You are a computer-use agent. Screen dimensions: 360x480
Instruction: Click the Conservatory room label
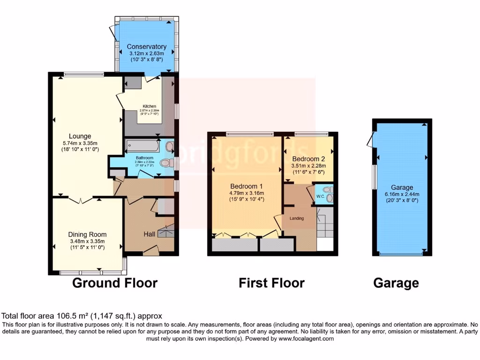[x=147, y=47]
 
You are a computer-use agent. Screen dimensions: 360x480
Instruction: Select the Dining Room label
[x=87, y=234]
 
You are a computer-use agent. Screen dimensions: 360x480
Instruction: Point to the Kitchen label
[x=150, y=106]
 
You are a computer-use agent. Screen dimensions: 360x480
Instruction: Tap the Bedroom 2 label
[x=307, y=158]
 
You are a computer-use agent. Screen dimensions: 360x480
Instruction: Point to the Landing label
[x=297, y=218]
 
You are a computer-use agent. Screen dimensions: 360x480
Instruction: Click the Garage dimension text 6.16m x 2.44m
[x=403, y=195]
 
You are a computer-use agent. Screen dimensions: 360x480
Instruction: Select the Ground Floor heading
[x=114, y=283]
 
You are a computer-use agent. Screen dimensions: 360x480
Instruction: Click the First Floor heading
[x=271, y=283]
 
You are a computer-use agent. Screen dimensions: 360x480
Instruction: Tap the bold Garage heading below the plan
[x=396, y=283]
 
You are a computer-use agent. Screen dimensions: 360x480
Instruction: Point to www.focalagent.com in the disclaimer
[x=307, y=338]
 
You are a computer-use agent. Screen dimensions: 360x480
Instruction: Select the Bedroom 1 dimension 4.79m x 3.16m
[x=247, y=193]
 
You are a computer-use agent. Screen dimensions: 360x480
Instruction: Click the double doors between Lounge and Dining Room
[x=81, y=200]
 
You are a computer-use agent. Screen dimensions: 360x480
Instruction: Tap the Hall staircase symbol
[x=166, y=232]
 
